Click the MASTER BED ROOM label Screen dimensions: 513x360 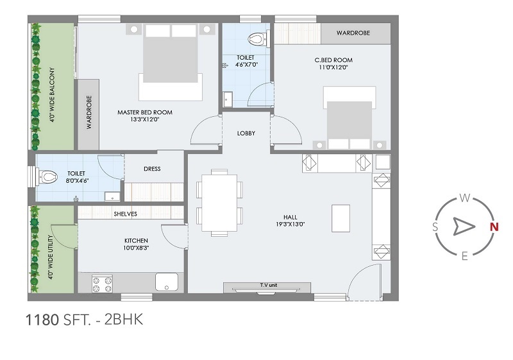(x=145, y=112)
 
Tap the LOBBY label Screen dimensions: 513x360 (x=246, y=133)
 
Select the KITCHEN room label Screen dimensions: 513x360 (x=136, y=241)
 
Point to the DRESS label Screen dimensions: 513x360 (x=152, y=169)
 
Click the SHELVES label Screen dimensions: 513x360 (x=125, y=214)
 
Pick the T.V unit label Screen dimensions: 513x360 (x=269, y=285)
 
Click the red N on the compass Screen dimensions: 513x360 (x=494, y=227)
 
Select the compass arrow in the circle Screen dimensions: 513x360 (x=464, y=227)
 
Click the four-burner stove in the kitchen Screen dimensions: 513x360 (x=102, y=284)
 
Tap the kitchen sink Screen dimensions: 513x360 (x=167, y=282)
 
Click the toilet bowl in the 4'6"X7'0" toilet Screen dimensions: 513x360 (x=258, y=39)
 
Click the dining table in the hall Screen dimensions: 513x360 (x=219, y=203)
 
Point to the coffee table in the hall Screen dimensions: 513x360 (x=341, y=218)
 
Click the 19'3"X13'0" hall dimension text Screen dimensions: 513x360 (x=290, y=225)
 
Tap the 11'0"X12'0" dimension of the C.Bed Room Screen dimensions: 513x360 (x=333, y=68)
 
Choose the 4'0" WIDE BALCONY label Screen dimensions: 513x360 (x=52, y=95)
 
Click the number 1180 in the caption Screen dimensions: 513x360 (x=42, y=320)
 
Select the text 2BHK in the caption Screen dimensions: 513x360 (x=124, y=320)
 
